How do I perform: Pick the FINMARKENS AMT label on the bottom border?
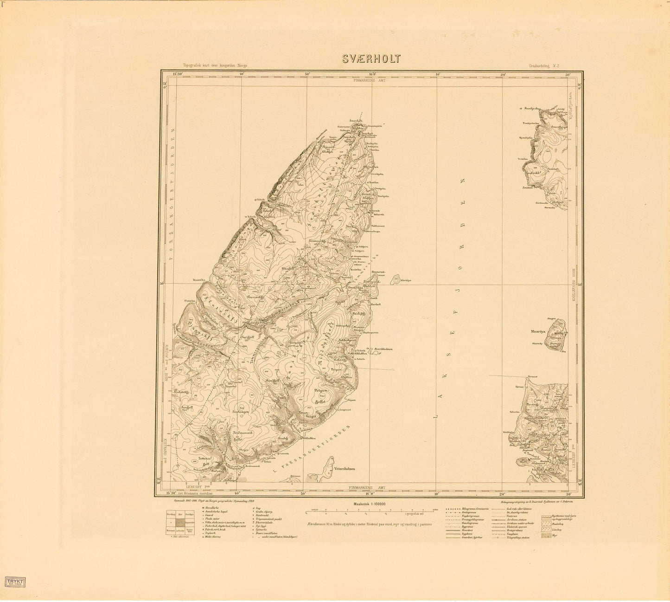(x=370, y=488)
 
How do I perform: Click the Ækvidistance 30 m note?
(x=369, y=523)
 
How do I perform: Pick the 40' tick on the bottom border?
(x=237, y=494)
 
